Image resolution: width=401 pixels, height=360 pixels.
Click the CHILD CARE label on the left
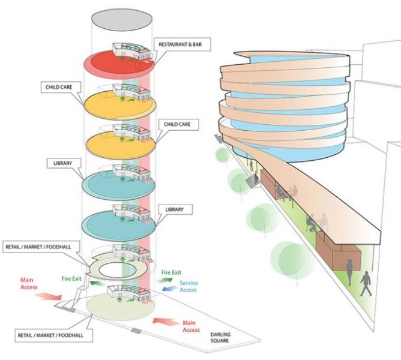(x=58, y=86)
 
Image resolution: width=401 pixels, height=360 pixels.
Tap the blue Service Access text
(x=188, y=287)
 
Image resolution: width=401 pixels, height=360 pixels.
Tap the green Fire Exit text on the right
(x=171, y=273)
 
